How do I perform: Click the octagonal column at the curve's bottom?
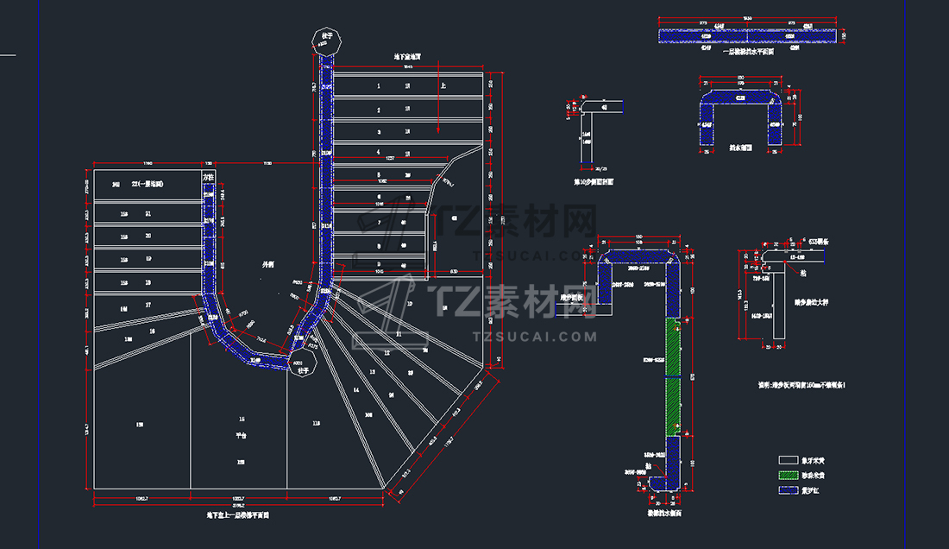pos(299,363)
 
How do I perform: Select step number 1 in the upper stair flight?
pos(378,86)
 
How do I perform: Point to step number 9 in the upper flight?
pos(378,265)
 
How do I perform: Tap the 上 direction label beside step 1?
pos(443,86)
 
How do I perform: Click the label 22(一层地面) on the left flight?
pos(148,185)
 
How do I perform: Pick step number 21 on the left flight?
pos(148,213)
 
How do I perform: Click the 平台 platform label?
pos(241,437)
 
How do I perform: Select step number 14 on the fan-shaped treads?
pos(355,390)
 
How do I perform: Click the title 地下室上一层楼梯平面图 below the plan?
pos(237,514)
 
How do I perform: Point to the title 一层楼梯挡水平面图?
pos(747,52)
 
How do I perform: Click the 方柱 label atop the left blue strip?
pos(208,176)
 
